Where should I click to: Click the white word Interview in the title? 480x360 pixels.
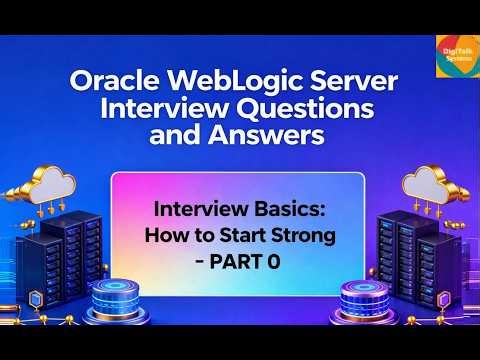[168, 108]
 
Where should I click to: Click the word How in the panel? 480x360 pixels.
[166, 237]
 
